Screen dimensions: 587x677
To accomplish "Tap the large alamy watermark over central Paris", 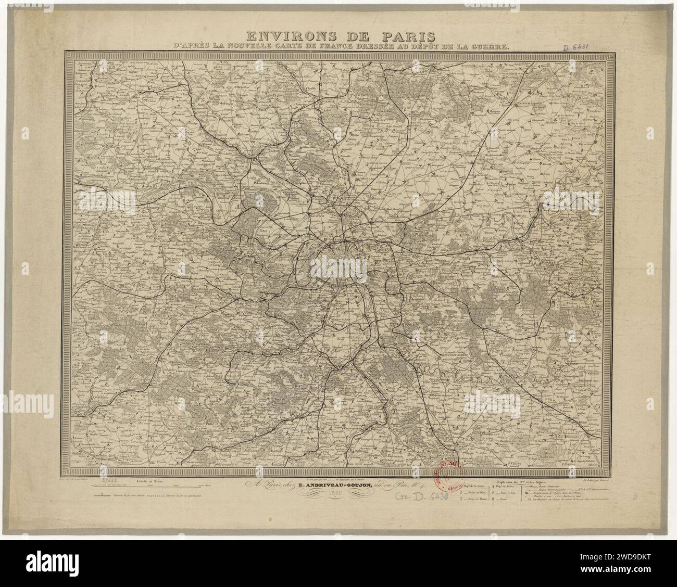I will click(338, 269).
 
